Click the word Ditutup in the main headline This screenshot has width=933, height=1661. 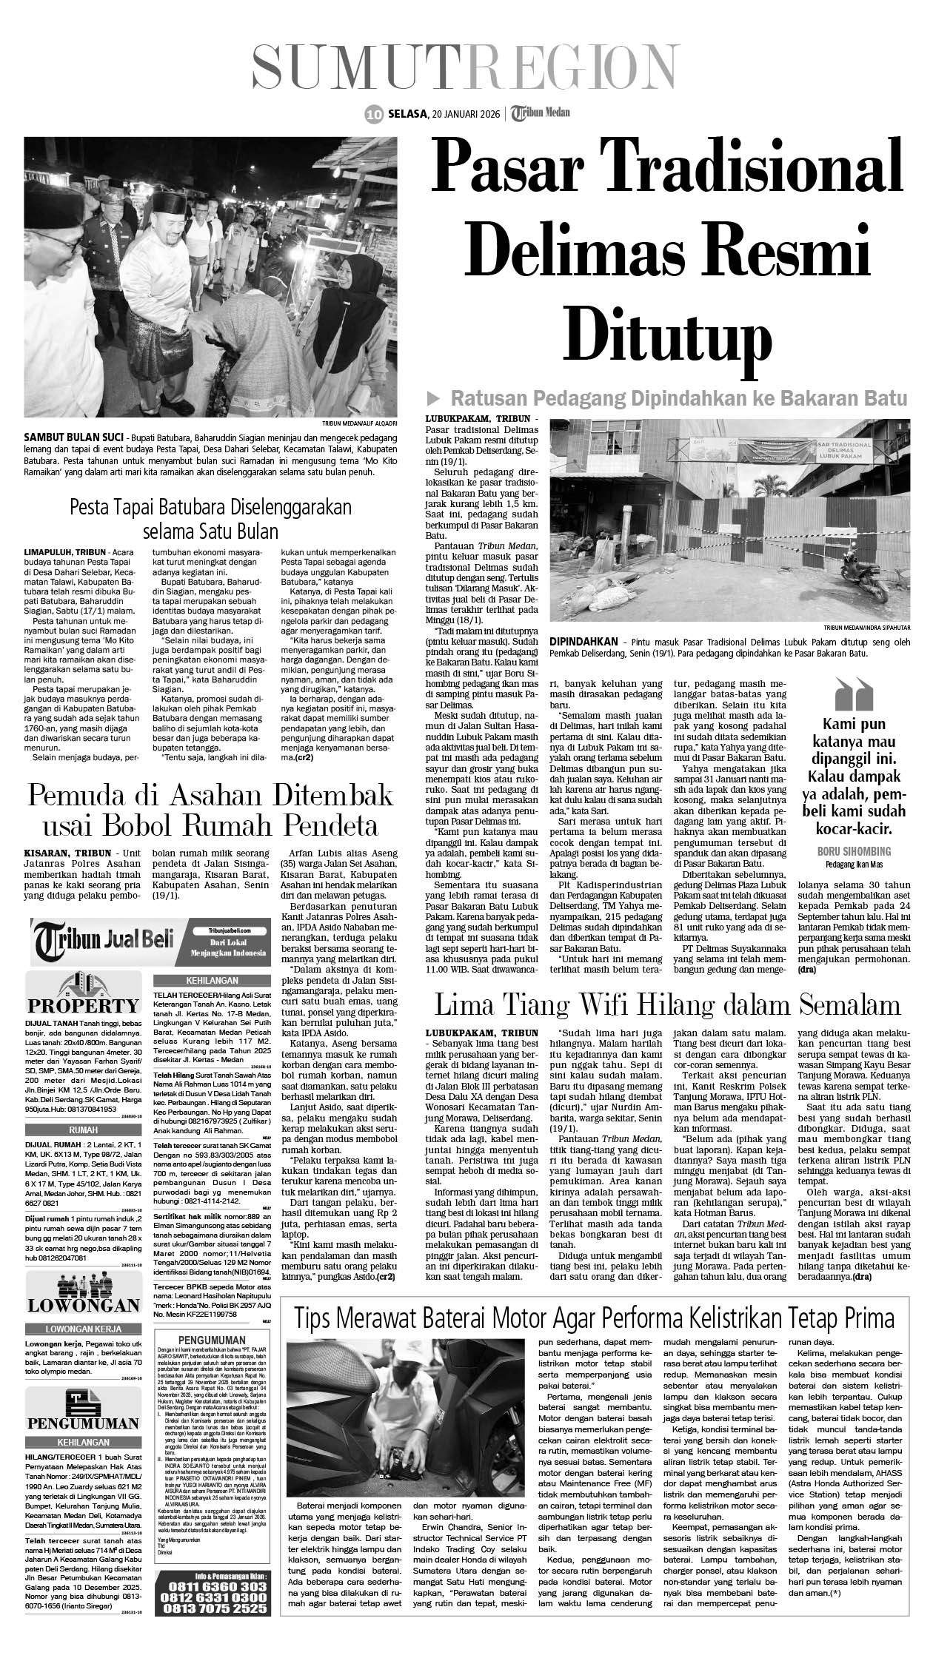click(669, 335)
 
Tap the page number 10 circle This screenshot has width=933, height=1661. click(373, 114)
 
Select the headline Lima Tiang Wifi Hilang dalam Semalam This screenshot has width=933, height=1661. click(667, 1004)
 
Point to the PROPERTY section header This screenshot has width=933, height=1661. click(83, 1004)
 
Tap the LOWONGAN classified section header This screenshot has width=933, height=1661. click(83, 1304)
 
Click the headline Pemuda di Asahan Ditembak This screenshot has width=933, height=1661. click(210, 796)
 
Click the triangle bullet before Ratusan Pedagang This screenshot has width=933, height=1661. click(438, 399)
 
